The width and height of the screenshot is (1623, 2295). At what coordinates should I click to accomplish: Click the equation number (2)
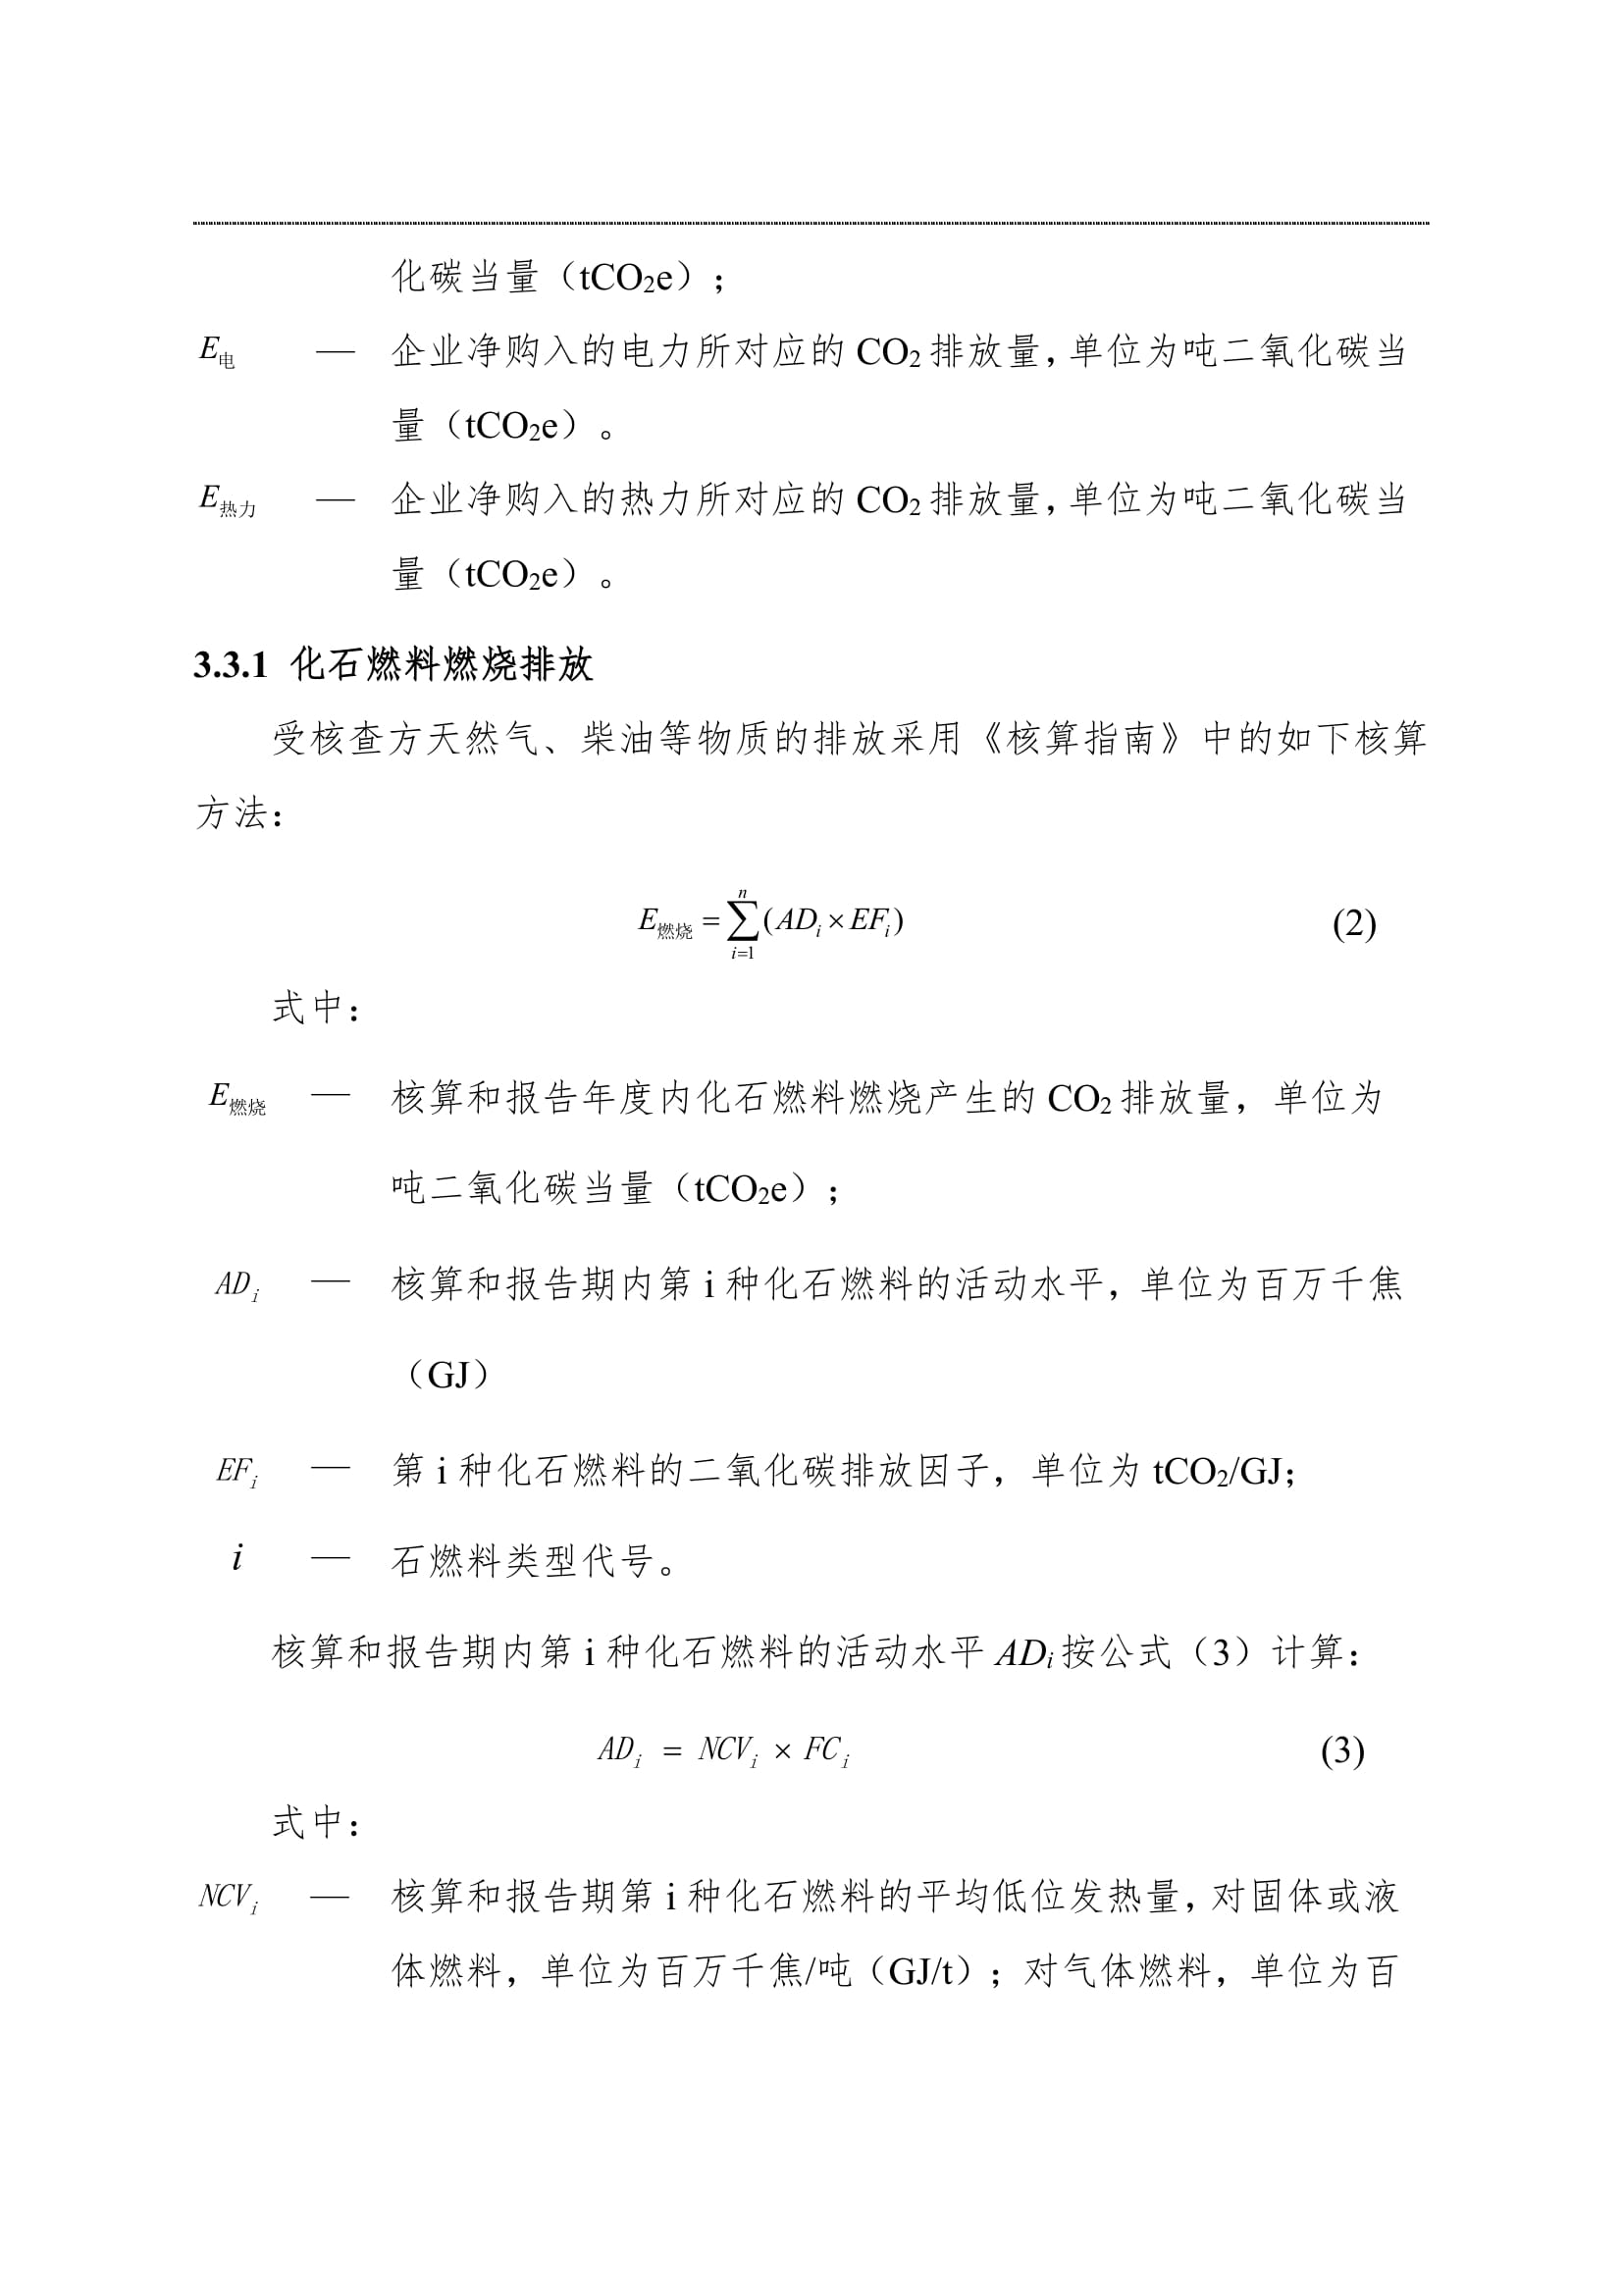pos(1354,923)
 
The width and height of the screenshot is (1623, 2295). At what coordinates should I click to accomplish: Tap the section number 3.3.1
pos(231,665)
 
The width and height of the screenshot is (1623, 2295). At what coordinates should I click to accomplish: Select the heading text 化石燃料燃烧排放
pos(443,665)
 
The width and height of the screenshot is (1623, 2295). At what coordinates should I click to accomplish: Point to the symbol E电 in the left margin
pos(217,352)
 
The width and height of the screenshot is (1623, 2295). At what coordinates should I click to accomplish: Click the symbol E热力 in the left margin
pos(227,499)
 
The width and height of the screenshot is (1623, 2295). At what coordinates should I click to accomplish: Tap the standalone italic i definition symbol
pos(236,1558)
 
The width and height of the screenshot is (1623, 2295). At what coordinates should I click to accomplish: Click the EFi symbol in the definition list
pos(236,1472)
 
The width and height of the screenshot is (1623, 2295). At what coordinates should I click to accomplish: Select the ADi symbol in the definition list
pos(236,1285)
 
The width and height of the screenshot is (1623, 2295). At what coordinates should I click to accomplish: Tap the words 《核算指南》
pos(1079,740)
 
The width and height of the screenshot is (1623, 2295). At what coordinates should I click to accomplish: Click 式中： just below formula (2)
pos(316,1009)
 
